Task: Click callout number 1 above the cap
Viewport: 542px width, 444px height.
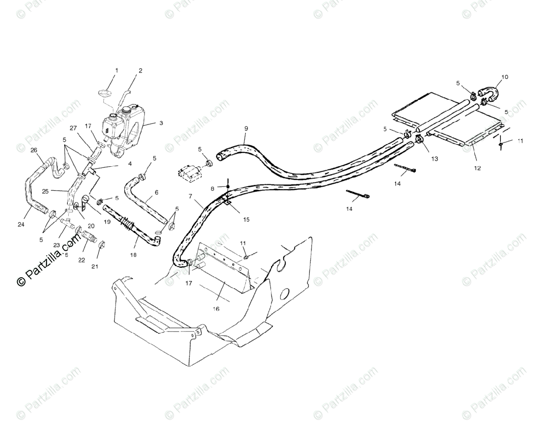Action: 117,70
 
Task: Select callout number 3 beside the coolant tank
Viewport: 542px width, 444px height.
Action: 161,123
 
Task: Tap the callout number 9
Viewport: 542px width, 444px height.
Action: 246,128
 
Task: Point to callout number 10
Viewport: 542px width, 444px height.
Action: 505,77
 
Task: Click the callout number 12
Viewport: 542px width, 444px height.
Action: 477,168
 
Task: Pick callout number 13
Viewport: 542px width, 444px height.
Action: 435,159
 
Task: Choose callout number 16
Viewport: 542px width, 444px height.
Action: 216,309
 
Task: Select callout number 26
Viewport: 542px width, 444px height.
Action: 33,150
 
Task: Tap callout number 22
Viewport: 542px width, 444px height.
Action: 82,260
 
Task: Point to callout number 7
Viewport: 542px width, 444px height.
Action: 191,196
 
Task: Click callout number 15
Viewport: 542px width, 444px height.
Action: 246,220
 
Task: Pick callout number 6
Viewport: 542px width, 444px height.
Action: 156,192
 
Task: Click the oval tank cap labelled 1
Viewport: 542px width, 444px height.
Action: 105,93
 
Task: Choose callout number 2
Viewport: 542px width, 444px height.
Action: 140,70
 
